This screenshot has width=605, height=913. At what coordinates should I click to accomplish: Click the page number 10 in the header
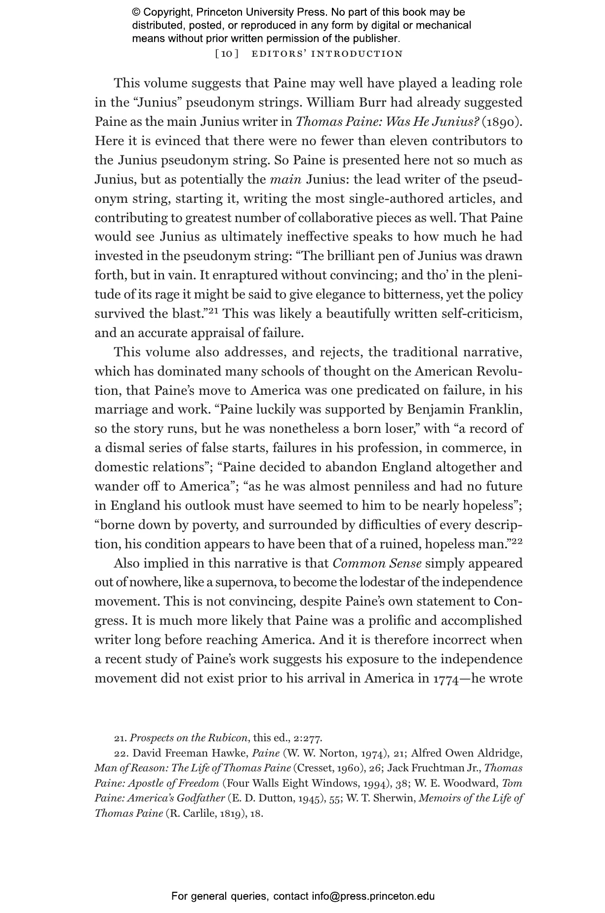pyautogui.click(x=227, y=54)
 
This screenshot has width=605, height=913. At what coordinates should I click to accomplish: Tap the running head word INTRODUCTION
pyautogui.click(x=361, y=54)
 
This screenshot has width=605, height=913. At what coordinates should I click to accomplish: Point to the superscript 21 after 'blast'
pyautogui.click(x=212, y=311)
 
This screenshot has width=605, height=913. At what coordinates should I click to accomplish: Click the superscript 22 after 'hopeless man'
pyautogui.click(x=517, y=541)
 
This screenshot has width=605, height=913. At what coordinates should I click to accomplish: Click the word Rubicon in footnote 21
pyautogui.click(x=230, y=738)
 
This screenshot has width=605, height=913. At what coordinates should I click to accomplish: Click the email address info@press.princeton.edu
pyautogui.click(x=373, y=896)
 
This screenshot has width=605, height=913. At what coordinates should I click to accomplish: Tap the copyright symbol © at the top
pyautogui.click(x=136, y=12)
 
